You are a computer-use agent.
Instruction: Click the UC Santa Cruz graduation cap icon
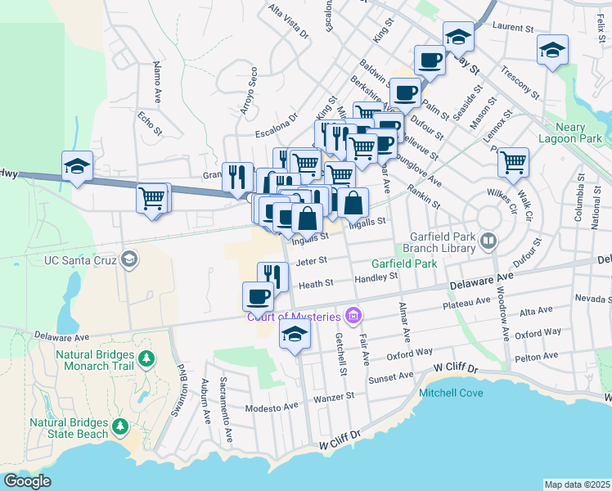(128, 260)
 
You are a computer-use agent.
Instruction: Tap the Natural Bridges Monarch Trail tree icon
(146, 358)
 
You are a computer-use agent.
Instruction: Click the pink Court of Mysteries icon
(353, 315)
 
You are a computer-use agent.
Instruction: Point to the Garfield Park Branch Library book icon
(488, 241)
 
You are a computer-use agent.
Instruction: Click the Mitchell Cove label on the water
(451, 393)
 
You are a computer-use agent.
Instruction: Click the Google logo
(27, 480)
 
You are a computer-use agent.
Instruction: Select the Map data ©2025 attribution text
(576, 484)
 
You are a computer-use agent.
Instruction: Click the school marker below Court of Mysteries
(295, 333)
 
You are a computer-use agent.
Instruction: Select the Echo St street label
(151, 123)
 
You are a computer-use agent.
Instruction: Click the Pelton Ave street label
(537, 356)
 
